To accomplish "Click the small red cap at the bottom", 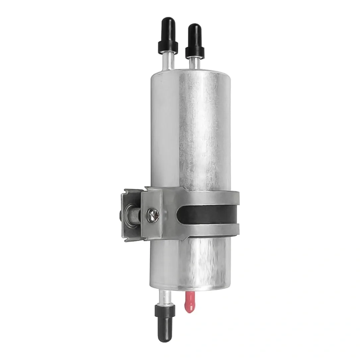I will [x=189, y=302].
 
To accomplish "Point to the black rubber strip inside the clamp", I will [x=210, y=214].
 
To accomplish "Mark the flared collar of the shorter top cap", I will [x=195, y=52].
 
